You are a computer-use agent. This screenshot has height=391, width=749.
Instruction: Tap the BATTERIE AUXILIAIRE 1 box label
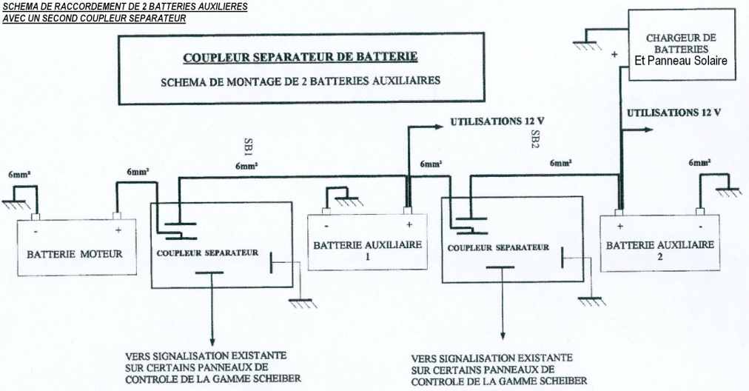pyautogui.click(x=367, y=250)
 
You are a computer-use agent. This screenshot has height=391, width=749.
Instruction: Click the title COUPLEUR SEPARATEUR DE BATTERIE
pyautogui.click(x=300, y=57)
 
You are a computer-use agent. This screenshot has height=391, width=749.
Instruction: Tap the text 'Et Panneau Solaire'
pyautogui.click(x=682, y=61)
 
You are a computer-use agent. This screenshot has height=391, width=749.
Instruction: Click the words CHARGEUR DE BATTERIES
pyautogui.click(x=682, y=43)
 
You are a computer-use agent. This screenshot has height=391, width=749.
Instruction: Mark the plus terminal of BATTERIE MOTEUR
pyautogui.click(x=116, y=218)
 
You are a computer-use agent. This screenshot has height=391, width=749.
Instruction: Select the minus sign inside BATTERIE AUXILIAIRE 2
pyautogui.click(x=699, y=225)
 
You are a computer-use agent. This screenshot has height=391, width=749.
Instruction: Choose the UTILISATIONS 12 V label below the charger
pyautogui.click(x=674, y=113)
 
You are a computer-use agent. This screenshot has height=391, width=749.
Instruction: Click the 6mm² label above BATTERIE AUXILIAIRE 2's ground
pyautogui.click(x=699, y=162)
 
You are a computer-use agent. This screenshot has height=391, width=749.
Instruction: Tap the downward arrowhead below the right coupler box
pyautogui.click(x=503, y=337)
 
